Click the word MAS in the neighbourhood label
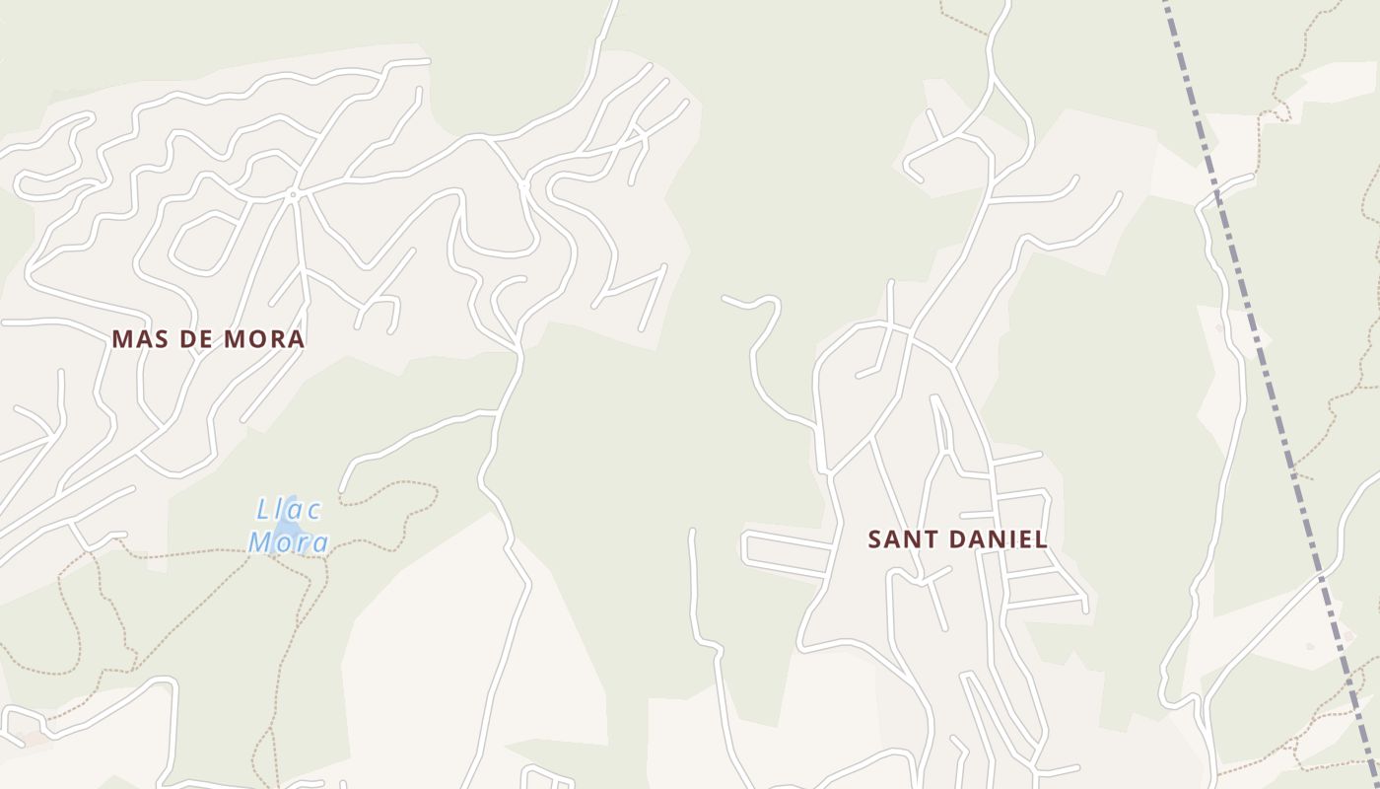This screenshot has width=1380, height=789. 138,339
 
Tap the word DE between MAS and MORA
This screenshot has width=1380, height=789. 194,339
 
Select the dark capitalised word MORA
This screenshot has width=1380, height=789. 264,339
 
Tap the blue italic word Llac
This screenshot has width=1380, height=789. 289,510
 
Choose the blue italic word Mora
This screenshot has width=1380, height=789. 288,541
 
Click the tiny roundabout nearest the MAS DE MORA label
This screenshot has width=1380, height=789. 292,195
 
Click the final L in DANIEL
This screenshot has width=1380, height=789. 1041,539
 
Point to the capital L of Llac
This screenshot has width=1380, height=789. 262,510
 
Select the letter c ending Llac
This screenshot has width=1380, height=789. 313,511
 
